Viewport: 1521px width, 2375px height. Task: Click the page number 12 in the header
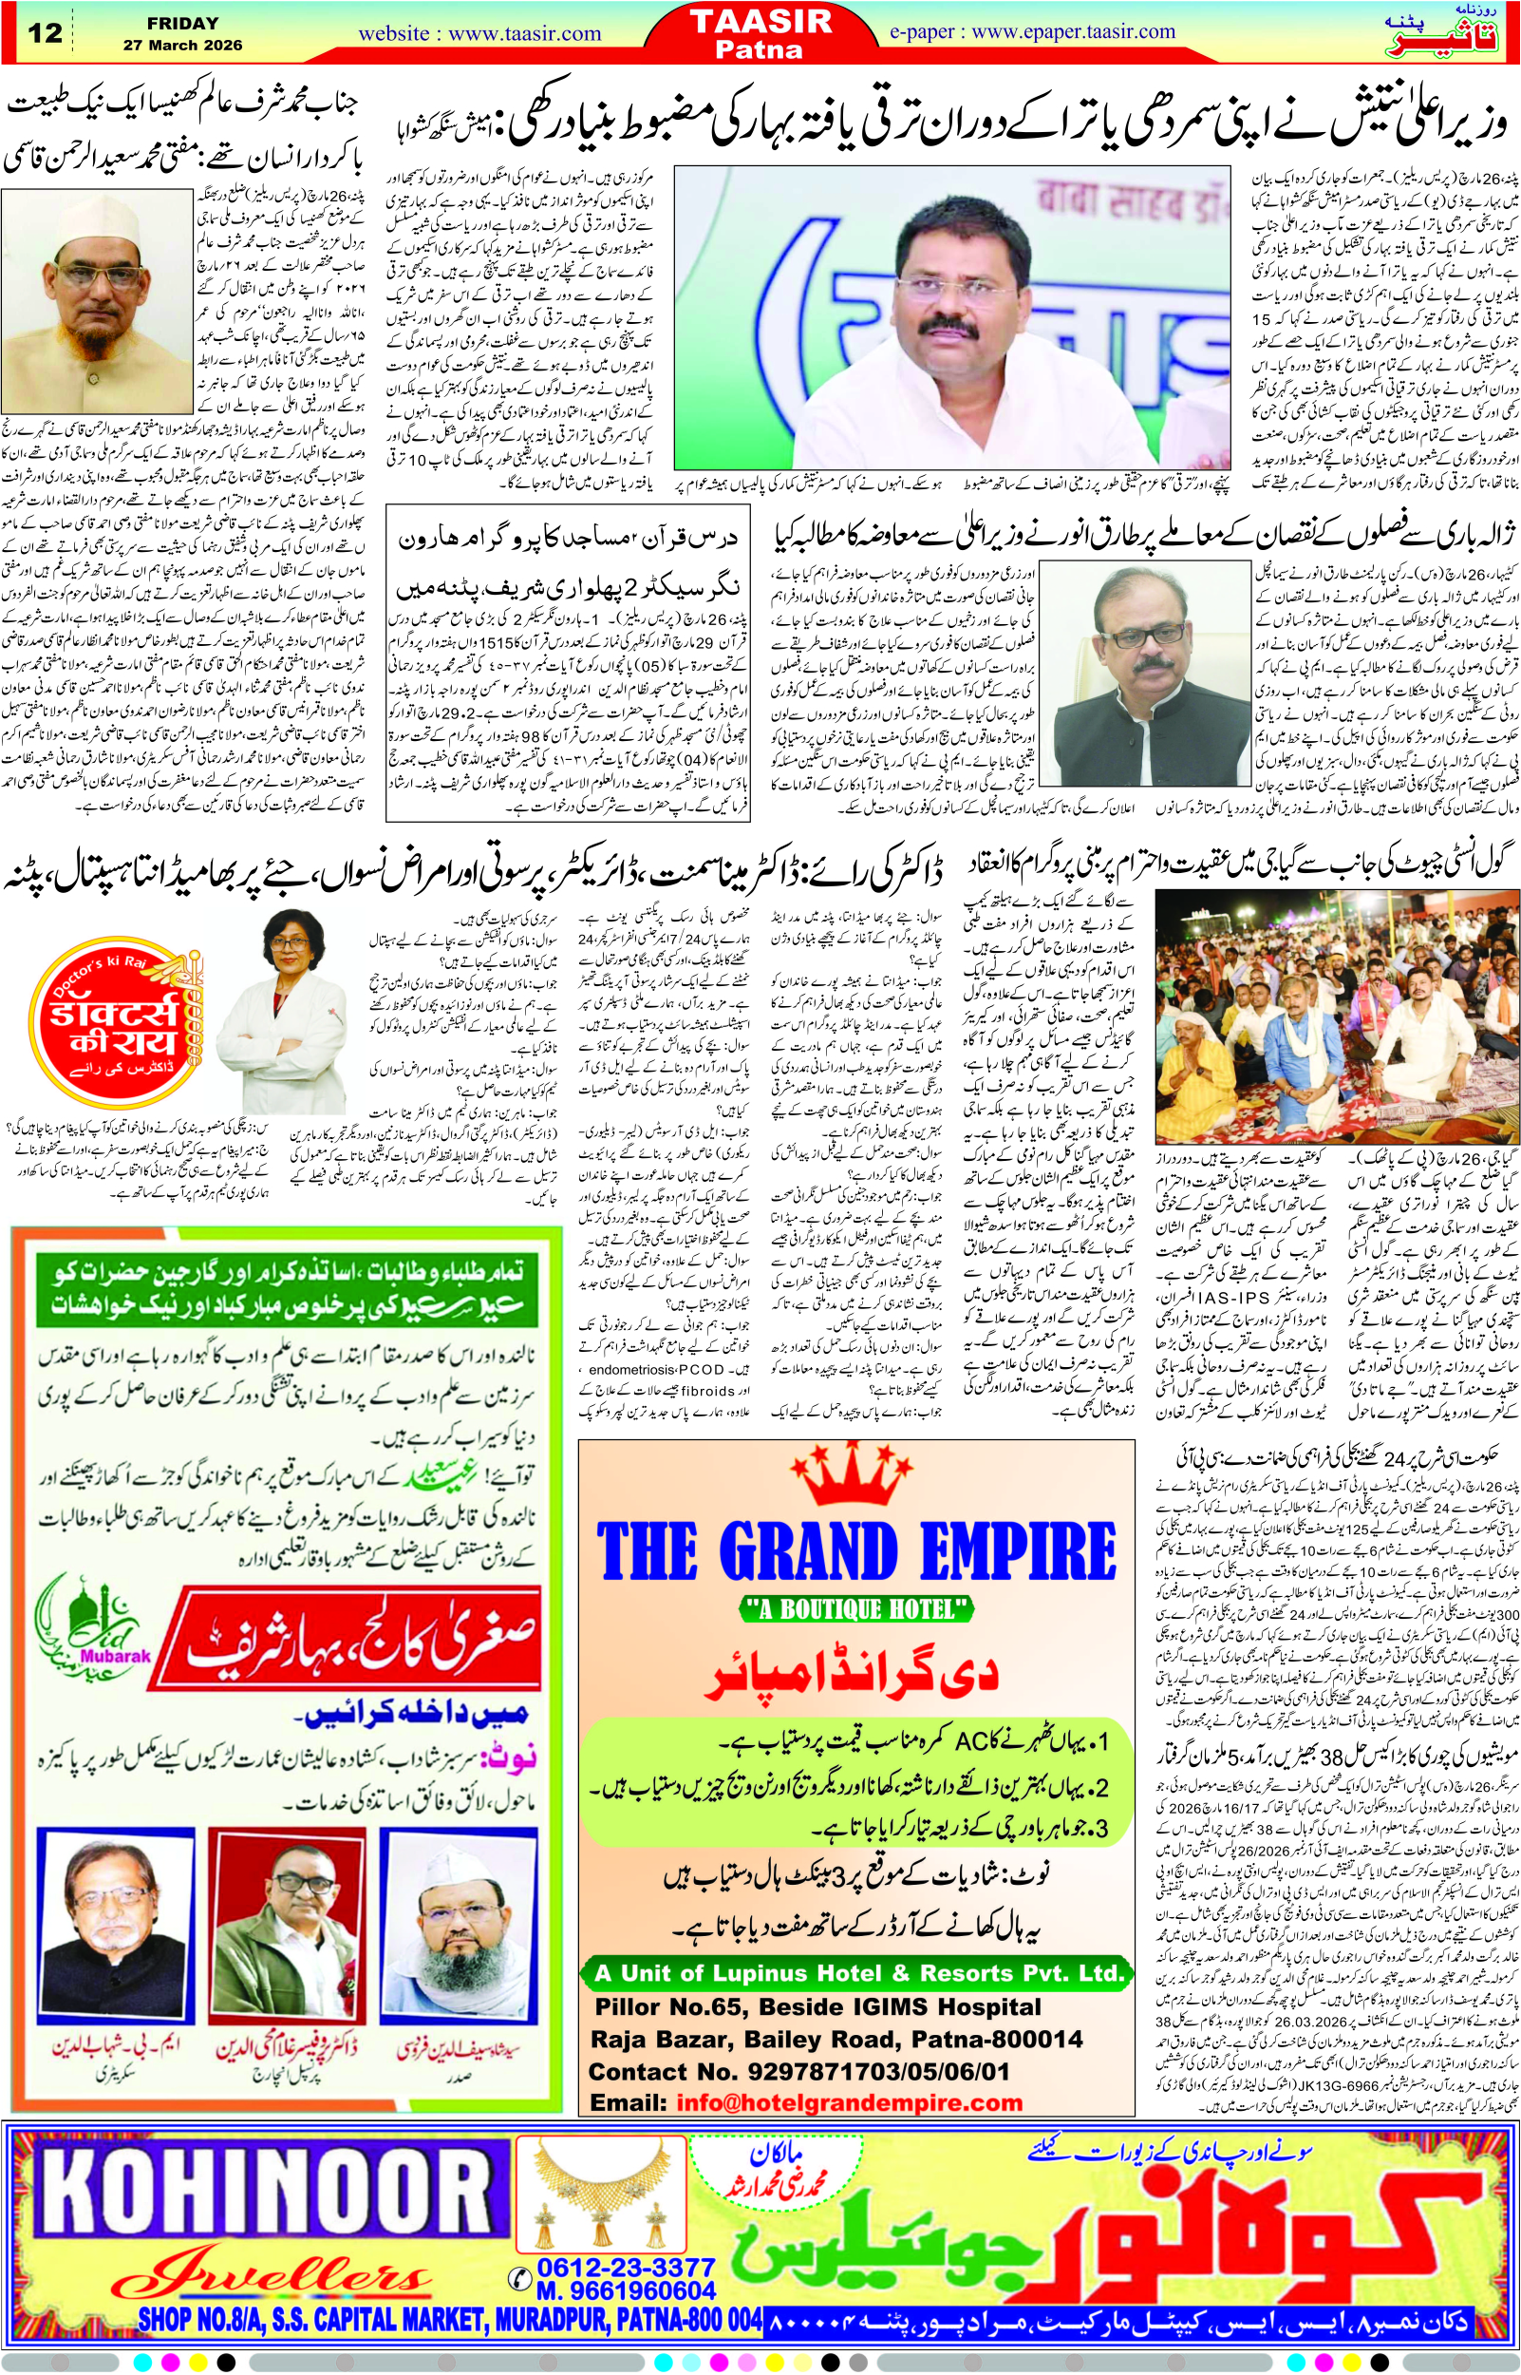45,32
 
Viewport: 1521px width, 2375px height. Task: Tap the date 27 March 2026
181,46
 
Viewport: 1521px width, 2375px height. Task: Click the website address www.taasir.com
479,33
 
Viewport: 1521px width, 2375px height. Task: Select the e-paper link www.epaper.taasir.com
1032,31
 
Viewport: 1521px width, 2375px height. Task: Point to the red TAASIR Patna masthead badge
760,32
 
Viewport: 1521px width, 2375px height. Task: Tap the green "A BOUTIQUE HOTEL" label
856,1609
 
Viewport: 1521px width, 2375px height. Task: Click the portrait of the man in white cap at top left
97,298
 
